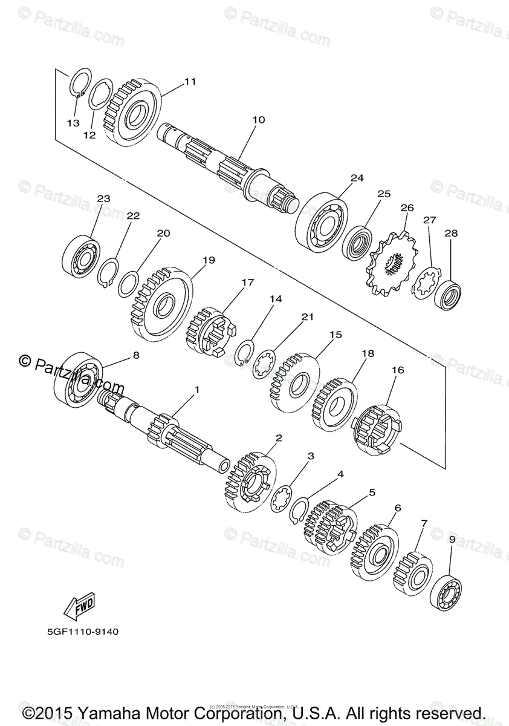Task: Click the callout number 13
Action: coord(73,123)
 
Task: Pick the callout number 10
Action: coord(258,120)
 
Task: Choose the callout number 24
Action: coord(357,178)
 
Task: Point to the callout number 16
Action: coord(398,370)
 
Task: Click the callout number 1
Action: coord(196,390)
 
